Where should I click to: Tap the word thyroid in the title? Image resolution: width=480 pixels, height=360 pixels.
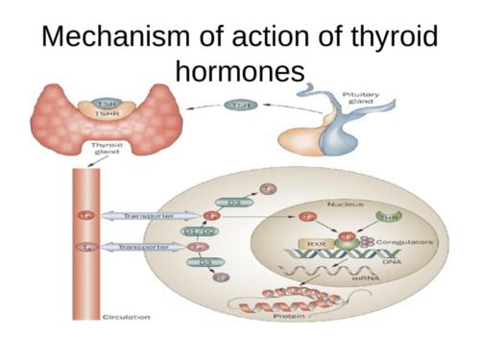coord(389,38)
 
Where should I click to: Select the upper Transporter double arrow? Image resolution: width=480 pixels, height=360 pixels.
coord(143,216)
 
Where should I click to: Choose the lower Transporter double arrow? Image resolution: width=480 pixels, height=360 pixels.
coord(143,247)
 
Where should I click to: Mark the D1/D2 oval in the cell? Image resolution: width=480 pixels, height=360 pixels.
coord(208,230)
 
